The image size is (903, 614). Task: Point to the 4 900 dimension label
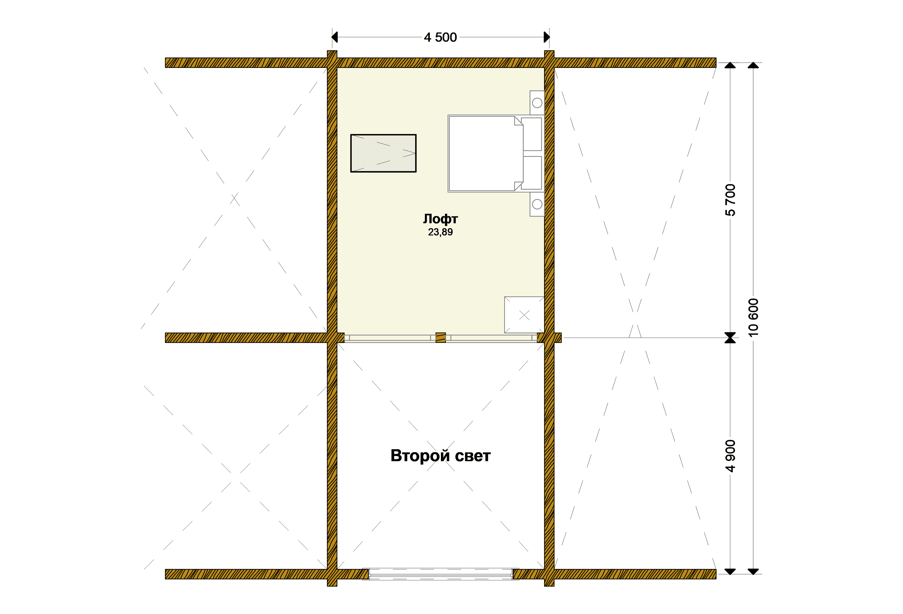[730, 456]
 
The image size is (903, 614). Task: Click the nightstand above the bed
[537, 103]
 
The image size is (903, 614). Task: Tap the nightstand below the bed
[537, 204]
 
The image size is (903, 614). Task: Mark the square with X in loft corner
[524, 315]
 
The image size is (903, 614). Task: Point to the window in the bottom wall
[441, 574]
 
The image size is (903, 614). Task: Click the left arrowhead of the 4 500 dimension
[335, 37]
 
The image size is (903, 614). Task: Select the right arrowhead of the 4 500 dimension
[547, 37]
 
